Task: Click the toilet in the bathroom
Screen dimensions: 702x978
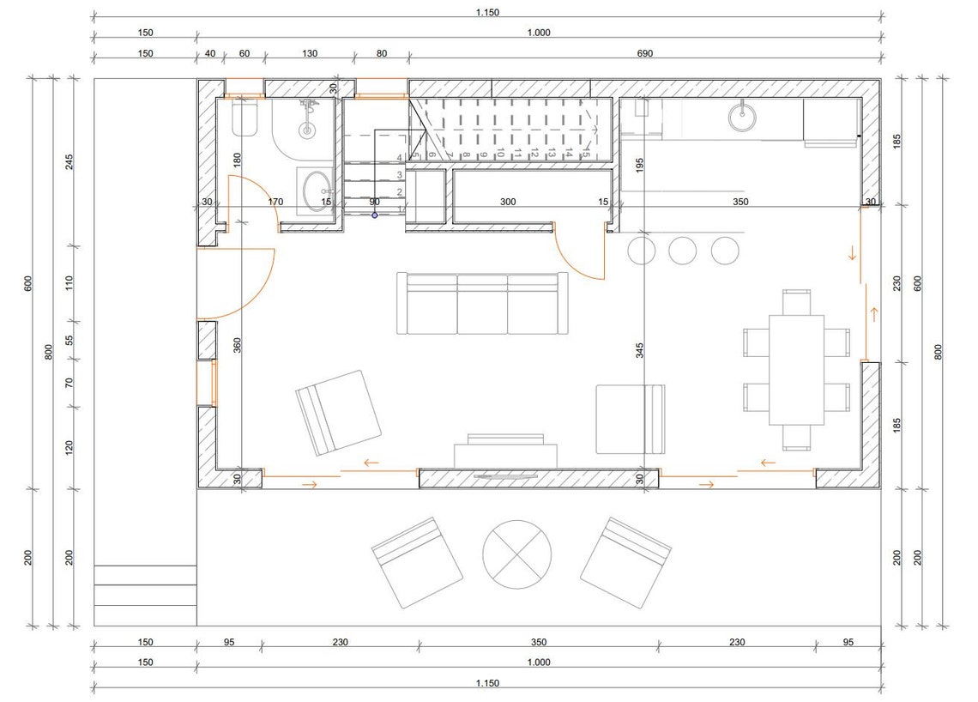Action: point(247,120)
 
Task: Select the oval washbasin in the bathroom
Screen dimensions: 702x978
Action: point(317,186)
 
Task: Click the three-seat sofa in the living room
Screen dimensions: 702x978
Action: point(481,304)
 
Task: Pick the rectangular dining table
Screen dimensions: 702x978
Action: point(796,370)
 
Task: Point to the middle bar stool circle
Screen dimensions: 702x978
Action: point(683,250)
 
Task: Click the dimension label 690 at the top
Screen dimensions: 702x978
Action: point(645,53)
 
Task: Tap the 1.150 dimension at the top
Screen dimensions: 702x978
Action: point(487,12)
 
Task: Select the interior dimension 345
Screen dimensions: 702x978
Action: point(640,351)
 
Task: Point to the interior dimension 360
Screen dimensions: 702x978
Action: point(238,345)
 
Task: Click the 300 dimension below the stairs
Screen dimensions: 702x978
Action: point(509,203)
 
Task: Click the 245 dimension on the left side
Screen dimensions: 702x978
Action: point(69,161)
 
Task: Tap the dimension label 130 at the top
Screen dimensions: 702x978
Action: point(310,53)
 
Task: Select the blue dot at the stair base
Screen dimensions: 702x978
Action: point(375,215)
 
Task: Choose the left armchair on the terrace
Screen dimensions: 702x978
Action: point(418,563)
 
